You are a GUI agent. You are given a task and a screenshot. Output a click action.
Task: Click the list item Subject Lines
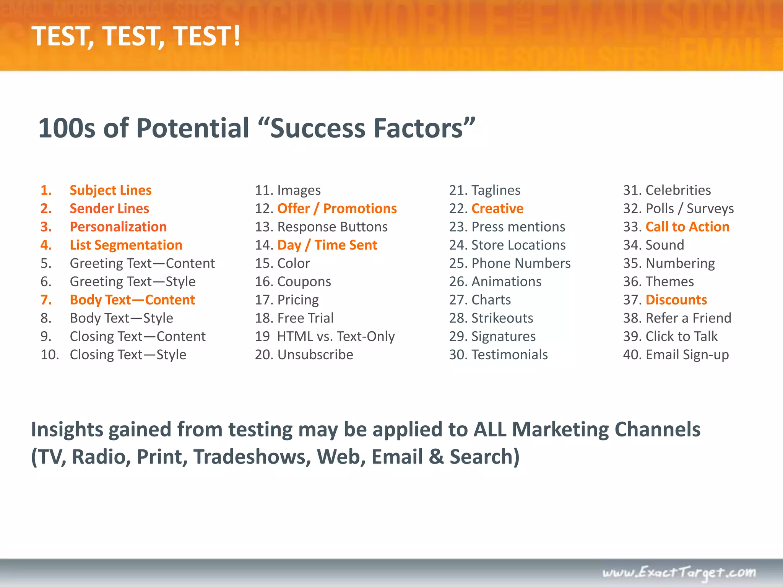click(x=110, y=190)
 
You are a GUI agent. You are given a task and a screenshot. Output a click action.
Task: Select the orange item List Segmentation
click(x=126, y=245)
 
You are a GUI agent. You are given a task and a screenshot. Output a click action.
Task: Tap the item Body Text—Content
click(x=132, y=300)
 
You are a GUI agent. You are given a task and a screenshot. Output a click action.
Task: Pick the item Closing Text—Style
click(x=128, y=355)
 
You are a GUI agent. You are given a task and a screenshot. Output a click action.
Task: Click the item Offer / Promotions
click(x=337, y=209)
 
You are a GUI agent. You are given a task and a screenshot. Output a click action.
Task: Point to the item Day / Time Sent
click(x=327, y=245)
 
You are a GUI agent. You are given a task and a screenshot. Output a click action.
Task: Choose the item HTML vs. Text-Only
click(x=336, y=336)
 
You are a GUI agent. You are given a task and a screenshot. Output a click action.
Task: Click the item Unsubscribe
click(x=315, y=355)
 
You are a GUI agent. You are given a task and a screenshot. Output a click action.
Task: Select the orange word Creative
click(x=497, y=209)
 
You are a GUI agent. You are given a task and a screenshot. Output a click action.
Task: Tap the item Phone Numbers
click(x=521, y=263)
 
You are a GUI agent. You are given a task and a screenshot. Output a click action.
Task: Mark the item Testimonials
click(x=509, y=355)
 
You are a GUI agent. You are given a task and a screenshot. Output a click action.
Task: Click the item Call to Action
click(x=687, y=227)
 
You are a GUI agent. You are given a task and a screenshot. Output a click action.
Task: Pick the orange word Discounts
click(x=676, y=300)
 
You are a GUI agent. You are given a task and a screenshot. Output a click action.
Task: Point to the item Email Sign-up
click(x=687, y=355)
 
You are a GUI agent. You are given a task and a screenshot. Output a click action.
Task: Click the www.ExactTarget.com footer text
click(x=679, y=572)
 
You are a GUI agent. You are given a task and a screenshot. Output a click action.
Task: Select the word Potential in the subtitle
click(x=193, y=128)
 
